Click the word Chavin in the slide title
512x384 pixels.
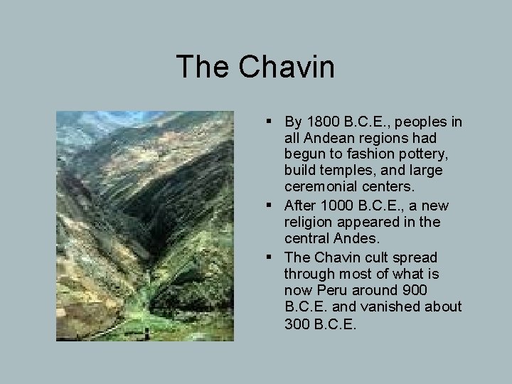point(287,67)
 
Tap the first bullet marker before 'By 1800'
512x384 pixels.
point(274,122)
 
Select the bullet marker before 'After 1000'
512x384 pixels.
point(274,206)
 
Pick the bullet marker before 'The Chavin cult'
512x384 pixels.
point(274,257)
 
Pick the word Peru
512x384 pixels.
point(330,290)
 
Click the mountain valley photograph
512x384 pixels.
point(145,225)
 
